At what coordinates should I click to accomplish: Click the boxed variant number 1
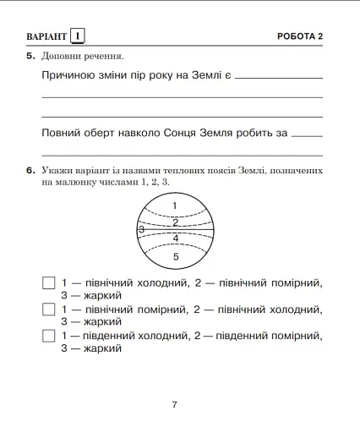(x=78, y=36)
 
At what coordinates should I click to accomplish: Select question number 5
(x=30, y=57)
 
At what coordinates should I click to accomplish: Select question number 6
(x=30, y=171)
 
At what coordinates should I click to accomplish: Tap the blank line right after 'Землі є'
(x=279, y=78)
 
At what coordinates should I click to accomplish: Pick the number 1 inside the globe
(x=175, y=206)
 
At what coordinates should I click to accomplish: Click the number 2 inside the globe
(x=175, y=222)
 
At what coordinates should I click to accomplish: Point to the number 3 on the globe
(x=141, y=229)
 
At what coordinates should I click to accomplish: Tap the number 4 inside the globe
(x=176, y=238)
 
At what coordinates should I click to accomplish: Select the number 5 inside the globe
(x=176, y=255)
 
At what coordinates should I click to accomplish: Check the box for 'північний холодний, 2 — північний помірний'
(x=48, y=282)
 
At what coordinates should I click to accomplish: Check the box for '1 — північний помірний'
(x=48, y=310)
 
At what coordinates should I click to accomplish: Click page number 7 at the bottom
(x=174, y=404)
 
